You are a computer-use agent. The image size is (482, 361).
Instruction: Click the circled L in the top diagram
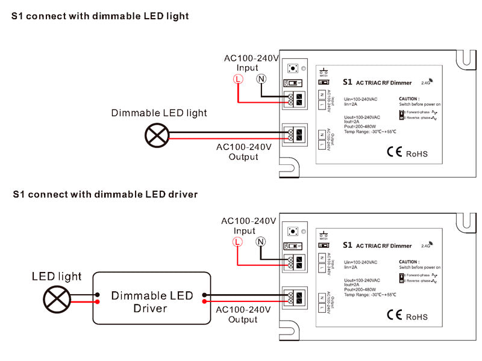(239, 79)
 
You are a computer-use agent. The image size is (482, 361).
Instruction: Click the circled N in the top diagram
(261, 79)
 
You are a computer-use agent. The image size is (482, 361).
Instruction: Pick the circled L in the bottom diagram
(238, 241)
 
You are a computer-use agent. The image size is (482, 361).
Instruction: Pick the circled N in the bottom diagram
(260, 241)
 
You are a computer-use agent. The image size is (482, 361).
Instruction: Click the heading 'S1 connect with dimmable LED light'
(101, 16)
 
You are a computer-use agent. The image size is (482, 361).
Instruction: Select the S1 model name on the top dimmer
(346, 82)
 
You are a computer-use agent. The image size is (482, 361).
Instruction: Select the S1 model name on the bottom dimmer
(346, 245)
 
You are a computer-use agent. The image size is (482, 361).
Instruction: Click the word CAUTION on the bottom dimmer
(409, 262)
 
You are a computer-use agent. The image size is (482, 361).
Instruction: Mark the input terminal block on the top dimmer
(295, 100)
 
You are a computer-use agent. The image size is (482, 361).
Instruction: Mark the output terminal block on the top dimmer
(295, 134)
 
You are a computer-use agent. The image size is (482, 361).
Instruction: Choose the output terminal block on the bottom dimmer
(295, 297)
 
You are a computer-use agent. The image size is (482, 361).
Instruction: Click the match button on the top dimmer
(293, 68)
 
